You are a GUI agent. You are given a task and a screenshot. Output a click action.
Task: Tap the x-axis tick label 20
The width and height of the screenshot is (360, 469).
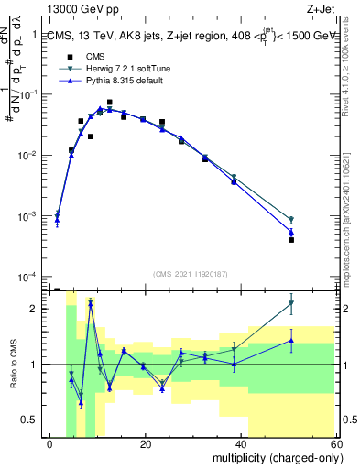click(146, 444)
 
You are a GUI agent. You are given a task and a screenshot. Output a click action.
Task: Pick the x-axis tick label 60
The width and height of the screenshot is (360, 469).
click(336, 444)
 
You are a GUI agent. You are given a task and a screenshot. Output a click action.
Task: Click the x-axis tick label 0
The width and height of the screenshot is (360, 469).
click(50, 444)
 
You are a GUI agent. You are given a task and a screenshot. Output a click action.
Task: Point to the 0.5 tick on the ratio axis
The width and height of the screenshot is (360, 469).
click(32, 420)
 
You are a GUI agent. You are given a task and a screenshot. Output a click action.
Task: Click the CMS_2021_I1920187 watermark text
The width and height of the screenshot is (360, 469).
click(190, 274)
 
